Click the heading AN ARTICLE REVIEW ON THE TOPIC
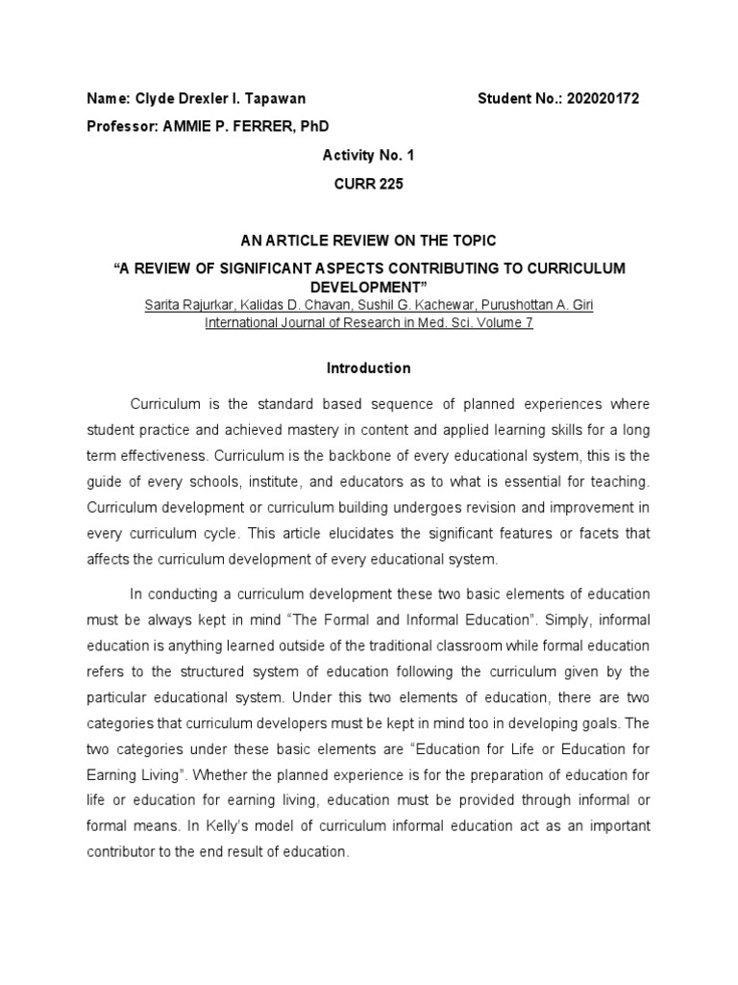tap(369, 240)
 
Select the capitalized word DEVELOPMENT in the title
tap(369, 287)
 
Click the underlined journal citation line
tap(369, 323)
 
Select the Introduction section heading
tap(369, 368)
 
